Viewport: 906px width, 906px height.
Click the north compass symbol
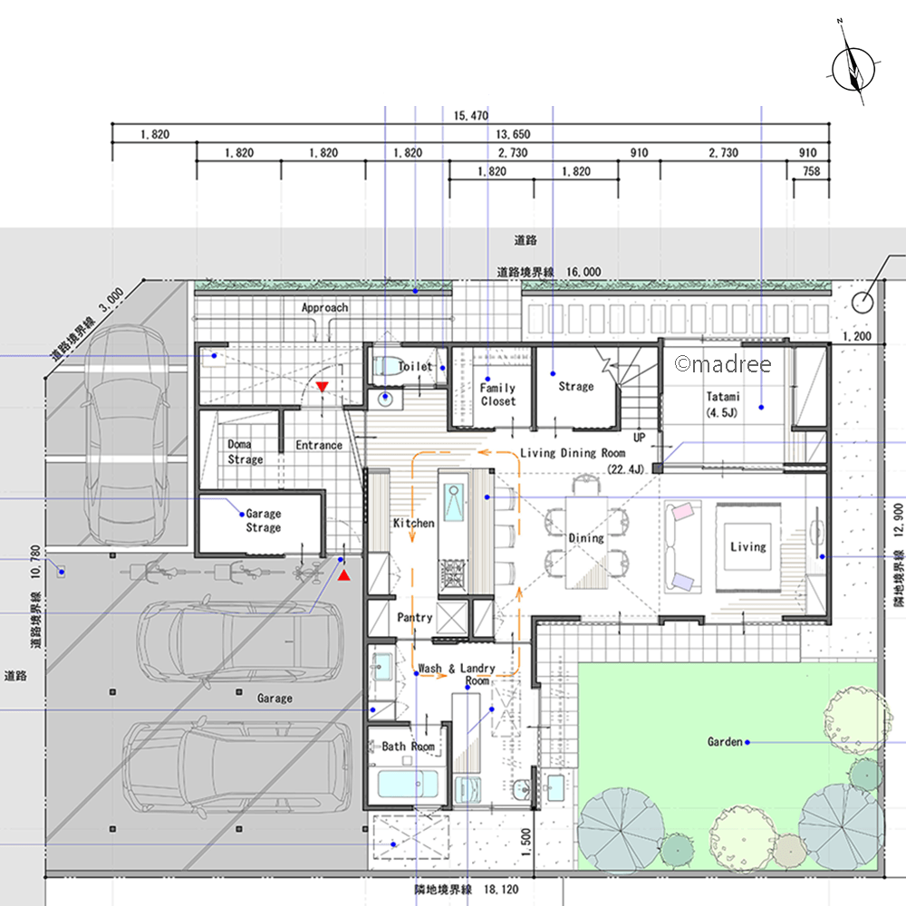pos(853,68)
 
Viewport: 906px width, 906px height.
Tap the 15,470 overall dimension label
pos(471,116)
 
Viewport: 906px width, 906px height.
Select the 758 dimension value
pos(811,171)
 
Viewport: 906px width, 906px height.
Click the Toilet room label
pos(415,366)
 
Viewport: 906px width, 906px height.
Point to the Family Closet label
pos(497,394)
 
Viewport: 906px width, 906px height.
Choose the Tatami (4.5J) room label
pos(722,404)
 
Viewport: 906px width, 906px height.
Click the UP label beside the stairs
pos(639,438)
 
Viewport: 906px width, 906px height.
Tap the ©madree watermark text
pos(723,364)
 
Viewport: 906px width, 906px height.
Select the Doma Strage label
pos(245,452)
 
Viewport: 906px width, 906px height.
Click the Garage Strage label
pos(264,520)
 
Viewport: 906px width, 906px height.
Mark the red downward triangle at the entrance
pos(322,387)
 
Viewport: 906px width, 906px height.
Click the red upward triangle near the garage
pos(343,575)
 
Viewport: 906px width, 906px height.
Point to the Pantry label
pos(415,618)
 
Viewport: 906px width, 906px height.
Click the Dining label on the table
pos(586,538)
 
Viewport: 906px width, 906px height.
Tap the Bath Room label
pos(408,747)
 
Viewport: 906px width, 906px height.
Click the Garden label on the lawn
pos(725,741)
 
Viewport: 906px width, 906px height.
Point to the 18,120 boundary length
pos(501,890)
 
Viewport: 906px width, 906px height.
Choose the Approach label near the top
pos(324,307)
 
